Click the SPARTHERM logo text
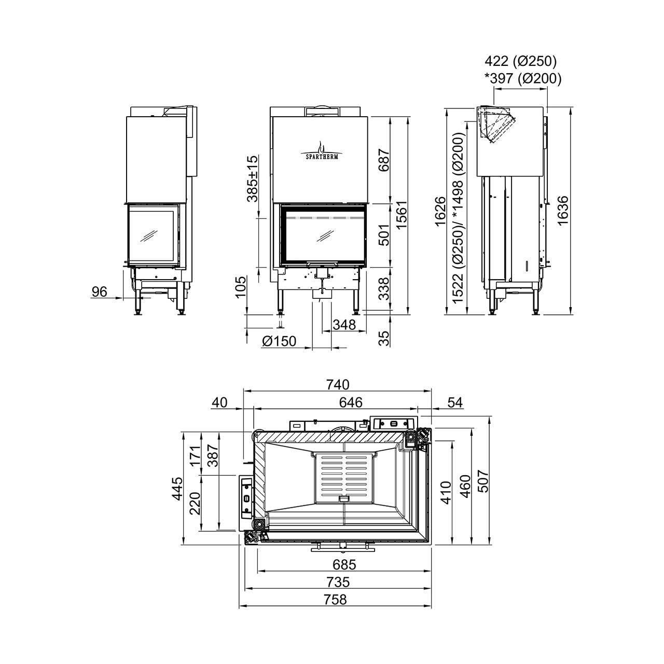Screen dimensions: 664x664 (x=322, y=157)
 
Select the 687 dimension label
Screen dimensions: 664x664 (x=383, y=160)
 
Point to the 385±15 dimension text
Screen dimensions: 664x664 (x=252, y=179)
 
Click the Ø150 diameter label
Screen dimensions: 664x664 (x=279, y=341)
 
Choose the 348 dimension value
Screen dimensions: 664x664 (x=344, y=325)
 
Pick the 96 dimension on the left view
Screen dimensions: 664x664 (x=99, y=292)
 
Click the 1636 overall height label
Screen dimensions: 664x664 (x=563, y=211)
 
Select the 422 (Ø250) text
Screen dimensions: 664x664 (x=521, y=61)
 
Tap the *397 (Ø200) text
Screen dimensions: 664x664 (x=523, y=79)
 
